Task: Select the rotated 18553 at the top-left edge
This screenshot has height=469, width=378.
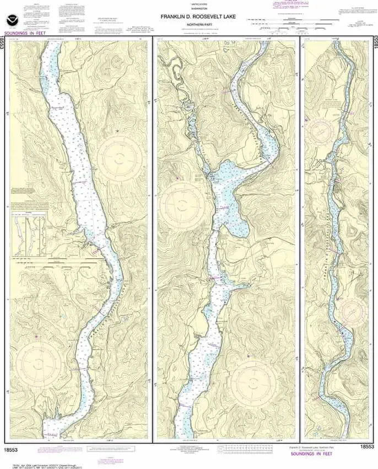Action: pyautogui.click(x=4, y=43)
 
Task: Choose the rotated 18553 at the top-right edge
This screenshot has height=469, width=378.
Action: pyautogui.click(x=374, y=43)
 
